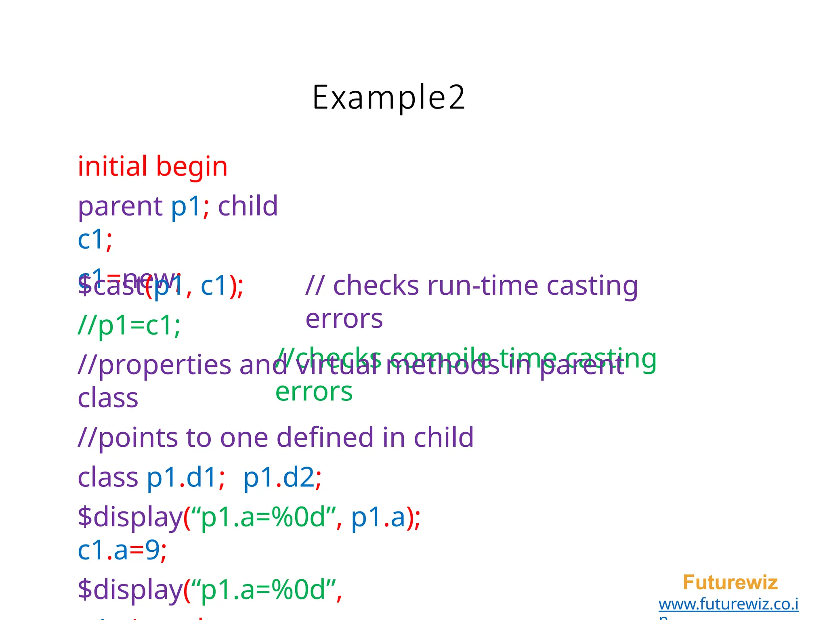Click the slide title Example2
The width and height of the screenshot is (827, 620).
pyautogui.click(x=388, y=97)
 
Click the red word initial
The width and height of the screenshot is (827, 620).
pyautogui.click(x=112, y=166)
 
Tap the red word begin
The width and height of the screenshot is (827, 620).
pyautogui.click(x=192, y=167)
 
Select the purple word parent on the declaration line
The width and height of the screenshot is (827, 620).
pyautogui.click(x=120, y=207)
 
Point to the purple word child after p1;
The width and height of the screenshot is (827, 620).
pyautogui.click(x=248, y=206)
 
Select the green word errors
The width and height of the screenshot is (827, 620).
pyautogui.click(x=314, y=392)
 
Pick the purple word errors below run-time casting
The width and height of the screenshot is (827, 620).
pyautogui.click(x=344, y=319)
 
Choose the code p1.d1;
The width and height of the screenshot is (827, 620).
pyautogui.click(x=186, y=478)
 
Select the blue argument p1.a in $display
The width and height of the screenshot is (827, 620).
pyautogui.click(x=378, y=517)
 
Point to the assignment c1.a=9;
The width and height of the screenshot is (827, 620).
pyautogui.click(x=122, y=550)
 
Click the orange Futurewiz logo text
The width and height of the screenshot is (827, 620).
pyautogui.click(x=730, y=582)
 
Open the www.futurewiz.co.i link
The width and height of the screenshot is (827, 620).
pyautogui.click(x=728, y=604)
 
